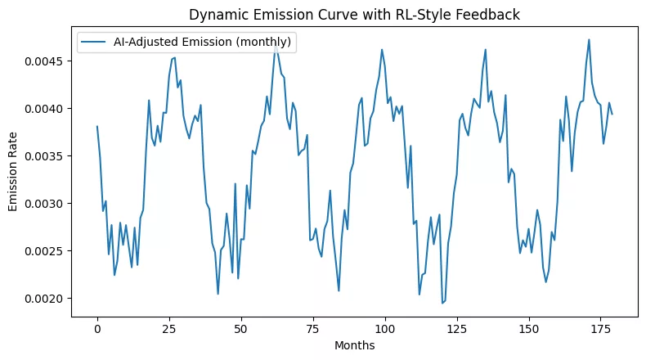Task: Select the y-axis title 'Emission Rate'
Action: pos(14,169)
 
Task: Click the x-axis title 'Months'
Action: pos(355,346)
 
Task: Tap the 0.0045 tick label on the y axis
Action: pos(47,61)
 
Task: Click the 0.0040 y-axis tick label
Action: pos(47,109)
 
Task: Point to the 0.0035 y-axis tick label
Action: pos(47,156)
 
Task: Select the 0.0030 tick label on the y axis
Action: pos(47,204)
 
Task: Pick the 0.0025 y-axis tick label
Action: pos(47,250)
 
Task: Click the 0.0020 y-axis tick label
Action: pos(47,298)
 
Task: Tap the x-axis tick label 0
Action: pos(97,328)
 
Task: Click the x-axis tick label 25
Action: pos(169,328)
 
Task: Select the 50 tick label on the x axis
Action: pos(241,328)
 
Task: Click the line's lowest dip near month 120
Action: pos(442,303)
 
